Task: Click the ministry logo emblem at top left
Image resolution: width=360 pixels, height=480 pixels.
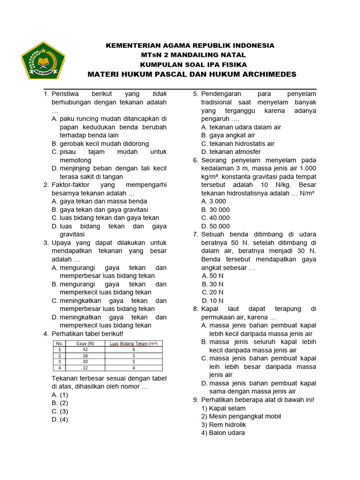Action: click(43, 61)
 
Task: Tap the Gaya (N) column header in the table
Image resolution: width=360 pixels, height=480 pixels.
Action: click(85, 344)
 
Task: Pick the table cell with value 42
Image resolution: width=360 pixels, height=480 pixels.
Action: click(85, 350)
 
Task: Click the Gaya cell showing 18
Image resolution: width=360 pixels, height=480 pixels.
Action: click(85, 356)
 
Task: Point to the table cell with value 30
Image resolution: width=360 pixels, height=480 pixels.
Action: click(85, 362)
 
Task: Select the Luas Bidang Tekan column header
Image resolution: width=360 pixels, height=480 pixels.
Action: click(133, 344)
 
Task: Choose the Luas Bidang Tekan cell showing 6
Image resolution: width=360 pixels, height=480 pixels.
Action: click(133, 350)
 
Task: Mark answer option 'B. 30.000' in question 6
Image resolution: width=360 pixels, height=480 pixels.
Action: click(216, 210)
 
